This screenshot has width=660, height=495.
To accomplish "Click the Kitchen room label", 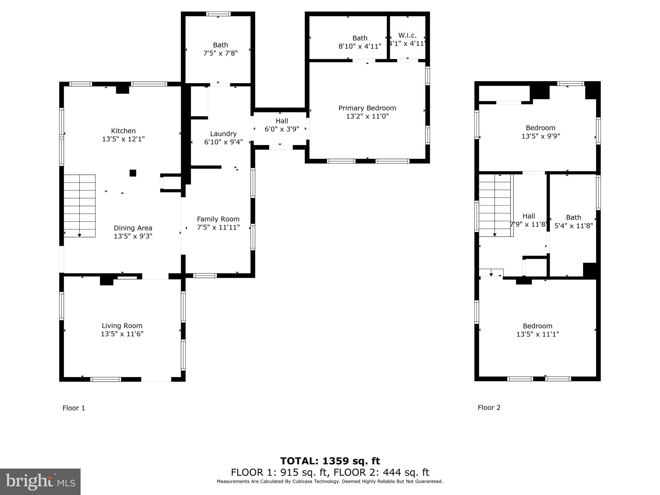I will tap(123, 131).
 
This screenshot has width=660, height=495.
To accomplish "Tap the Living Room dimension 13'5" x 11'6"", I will tap(122, 334).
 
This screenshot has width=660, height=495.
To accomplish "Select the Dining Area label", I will tap(133, 228).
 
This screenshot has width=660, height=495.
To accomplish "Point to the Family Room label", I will tap(218, 219).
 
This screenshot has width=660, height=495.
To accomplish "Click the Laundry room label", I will tap(223, 134).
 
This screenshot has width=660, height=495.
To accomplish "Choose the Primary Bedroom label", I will tap(367, 108).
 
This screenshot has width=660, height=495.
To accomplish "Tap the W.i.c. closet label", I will tap(407, 35).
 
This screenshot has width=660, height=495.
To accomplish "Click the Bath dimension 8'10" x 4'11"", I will tap(360, 46).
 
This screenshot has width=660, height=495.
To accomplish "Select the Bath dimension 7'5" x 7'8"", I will tap(220, 53).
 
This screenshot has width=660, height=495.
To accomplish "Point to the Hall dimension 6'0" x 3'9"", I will tap(282, 129).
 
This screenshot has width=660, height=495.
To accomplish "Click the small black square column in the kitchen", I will tap(133, 173).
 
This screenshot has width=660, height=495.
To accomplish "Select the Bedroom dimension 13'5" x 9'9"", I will tap(540, 136).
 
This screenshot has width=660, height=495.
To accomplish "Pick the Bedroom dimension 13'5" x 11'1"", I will tap(537, 335).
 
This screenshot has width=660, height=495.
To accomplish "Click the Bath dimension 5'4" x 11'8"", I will tap(573, 226).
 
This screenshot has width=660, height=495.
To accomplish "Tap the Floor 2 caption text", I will tap(489, 408).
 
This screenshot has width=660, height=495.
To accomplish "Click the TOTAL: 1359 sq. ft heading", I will tap(330, 461).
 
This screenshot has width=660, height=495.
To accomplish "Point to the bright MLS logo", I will tap(40, 481).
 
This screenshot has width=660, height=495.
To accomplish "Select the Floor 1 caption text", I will tap(74, 408).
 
